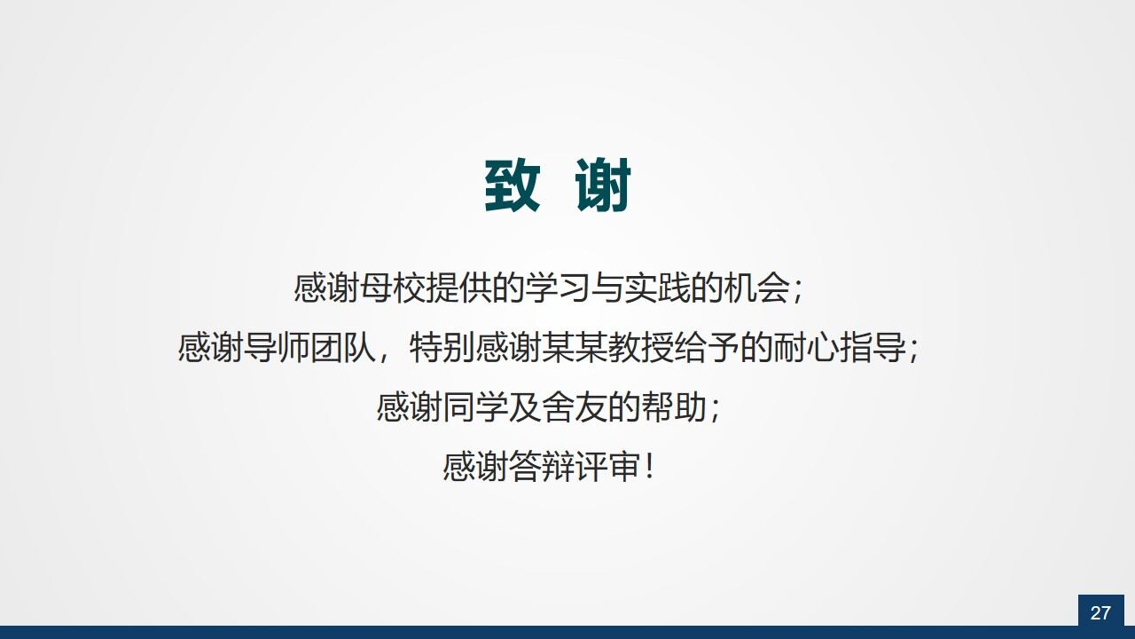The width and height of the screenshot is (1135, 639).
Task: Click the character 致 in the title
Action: pyautogui.click(x=513, y=186)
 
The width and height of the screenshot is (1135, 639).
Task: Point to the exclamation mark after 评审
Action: pyautogui.click(x=651, y=467)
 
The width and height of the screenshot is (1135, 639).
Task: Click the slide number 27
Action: pyautogui.click(x=1100, y=612)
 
